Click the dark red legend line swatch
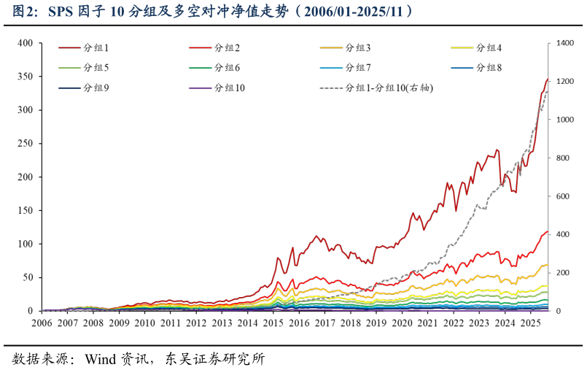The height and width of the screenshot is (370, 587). coord(69,47)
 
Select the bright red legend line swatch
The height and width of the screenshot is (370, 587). coord(200,47)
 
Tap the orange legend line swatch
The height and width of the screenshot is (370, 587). coord(331,47)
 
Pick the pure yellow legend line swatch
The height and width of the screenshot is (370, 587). coord(462,47)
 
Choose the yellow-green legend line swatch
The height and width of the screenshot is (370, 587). coord(69,68)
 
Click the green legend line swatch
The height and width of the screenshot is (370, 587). coord(200,68)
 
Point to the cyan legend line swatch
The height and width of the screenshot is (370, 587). coord(331,68)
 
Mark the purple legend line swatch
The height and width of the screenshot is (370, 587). coord(200,88)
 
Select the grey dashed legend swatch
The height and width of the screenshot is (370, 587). coord(331,88)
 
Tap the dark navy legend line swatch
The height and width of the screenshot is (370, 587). coord(69,88)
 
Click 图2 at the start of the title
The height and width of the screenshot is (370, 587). coord(25,12)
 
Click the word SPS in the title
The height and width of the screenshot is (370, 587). coord(61,12)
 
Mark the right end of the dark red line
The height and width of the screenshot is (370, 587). coord(547,80)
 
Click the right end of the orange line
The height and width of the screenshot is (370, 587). coord(547,264)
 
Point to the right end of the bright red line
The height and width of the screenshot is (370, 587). coord(547,231)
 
